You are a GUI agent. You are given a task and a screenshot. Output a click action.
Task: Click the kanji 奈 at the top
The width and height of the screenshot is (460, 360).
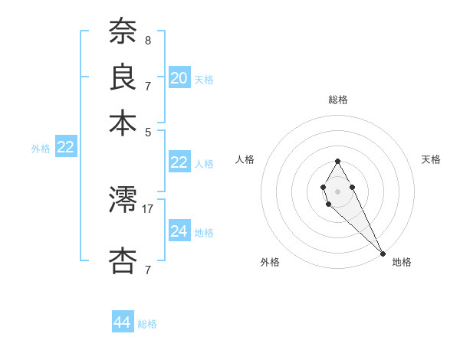click(123, 31)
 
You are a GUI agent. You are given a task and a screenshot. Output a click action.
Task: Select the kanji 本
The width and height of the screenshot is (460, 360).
click(123, 123)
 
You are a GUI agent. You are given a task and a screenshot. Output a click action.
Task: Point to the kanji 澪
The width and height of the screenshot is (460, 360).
click(123, 201)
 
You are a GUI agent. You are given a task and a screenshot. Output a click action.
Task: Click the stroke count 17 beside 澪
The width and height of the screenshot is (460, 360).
click(148, 208)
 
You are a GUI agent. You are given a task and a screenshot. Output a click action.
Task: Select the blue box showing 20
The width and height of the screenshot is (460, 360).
click(179, 78)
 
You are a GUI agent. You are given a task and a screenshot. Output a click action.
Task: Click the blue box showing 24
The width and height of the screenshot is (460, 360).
click(179, 231)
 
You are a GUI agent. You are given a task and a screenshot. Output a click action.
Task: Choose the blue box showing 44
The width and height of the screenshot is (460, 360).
click(123, 322)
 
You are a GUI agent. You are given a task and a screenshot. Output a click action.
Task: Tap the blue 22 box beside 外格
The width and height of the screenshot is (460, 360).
click(65, 148)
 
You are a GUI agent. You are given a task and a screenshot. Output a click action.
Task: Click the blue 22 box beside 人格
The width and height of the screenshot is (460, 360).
click(179, 162)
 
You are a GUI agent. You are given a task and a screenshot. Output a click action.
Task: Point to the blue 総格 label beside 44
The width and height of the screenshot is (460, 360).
click(147, 324)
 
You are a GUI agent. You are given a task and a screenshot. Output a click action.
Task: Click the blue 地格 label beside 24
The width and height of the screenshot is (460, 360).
click(204, 233)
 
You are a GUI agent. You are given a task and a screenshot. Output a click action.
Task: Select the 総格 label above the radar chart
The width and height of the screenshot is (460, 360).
click(338, 100)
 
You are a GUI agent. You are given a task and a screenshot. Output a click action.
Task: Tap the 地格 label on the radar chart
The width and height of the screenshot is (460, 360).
click(402, 263)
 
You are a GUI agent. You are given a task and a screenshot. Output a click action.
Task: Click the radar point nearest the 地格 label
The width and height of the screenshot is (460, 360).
click(382, 253)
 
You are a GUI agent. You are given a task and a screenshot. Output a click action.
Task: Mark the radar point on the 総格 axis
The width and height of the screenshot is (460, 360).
click(337, 161)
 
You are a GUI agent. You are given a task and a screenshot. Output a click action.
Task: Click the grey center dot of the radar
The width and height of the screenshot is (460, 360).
click(337, 191)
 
